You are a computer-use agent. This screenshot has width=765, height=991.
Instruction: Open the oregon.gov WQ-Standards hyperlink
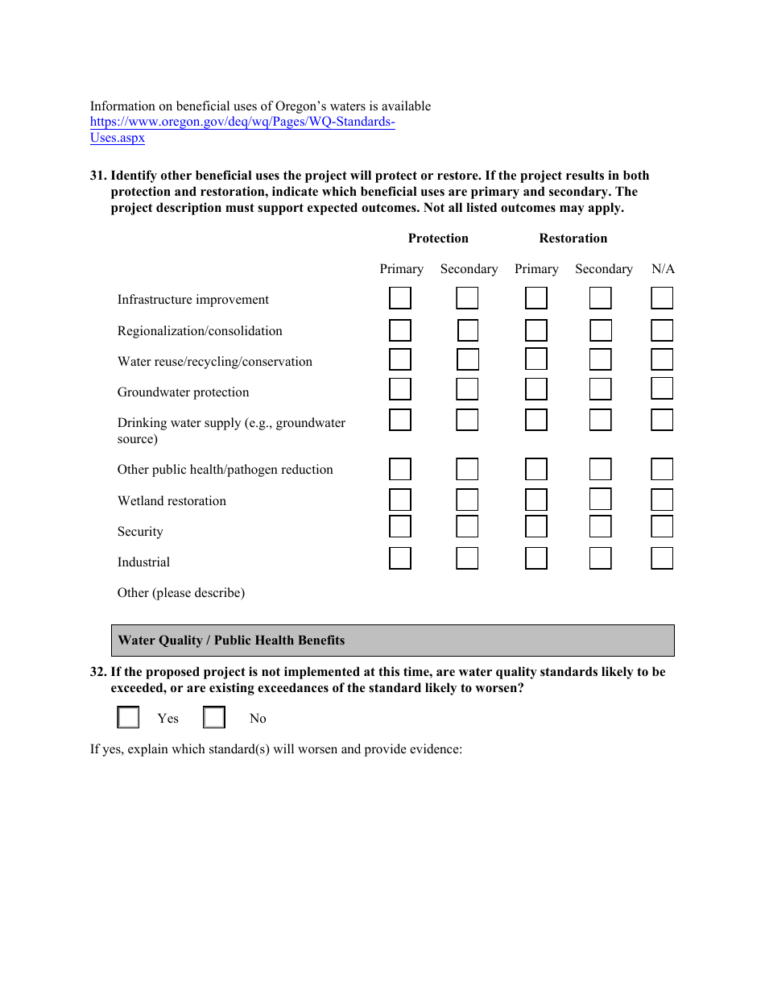(x=242, y=122)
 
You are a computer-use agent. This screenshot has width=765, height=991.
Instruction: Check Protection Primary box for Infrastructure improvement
(x=400, y=298)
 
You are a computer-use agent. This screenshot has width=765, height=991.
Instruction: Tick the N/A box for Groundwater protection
(x=662, y=389)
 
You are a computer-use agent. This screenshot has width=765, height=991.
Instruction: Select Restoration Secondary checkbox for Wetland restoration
(x=600, y=500)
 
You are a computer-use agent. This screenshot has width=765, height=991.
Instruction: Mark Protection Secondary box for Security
(x=467, y=527)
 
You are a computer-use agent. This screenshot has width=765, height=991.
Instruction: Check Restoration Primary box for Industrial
(x=536, y=558)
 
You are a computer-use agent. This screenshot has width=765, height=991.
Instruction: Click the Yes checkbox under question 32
(x=129, y=717)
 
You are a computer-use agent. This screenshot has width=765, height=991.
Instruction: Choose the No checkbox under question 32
(x=214, y=717)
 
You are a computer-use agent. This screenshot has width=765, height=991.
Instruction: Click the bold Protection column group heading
(x=438, y=238)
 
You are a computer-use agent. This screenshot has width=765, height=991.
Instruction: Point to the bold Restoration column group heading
(x=573, y=238)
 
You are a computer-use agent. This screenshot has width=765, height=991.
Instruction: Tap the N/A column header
(x=663, y=269)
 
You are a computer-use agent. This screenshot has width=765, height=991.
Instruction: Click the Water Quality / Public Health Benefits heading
(x=231, y=641)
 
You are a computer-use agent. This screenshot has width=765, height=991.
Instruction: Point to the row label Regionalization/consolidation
(x=200, y=331)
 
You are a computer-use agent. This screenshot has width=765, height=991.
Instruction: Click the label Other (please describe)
(x=181, y=593)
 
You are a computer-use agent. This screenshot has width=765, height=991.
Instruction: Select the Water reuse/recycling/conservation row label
(x=215, y=362)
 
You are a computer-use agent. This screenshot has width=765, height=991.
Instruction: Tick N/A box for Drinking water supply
(x=662, y=420)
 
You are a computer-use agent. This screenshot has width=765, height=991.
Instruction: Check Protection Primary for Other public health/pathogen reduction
(x=400, y=469)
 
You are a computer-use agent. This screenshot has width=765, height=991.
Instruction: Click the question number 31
(x=98, y=176)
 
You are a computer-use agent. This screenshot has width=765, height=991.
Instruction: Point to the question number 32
(x=98, y=672)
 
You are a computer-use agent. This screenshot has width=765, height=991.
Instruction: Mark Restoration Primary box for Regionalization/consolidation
(x=536, y=330)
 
